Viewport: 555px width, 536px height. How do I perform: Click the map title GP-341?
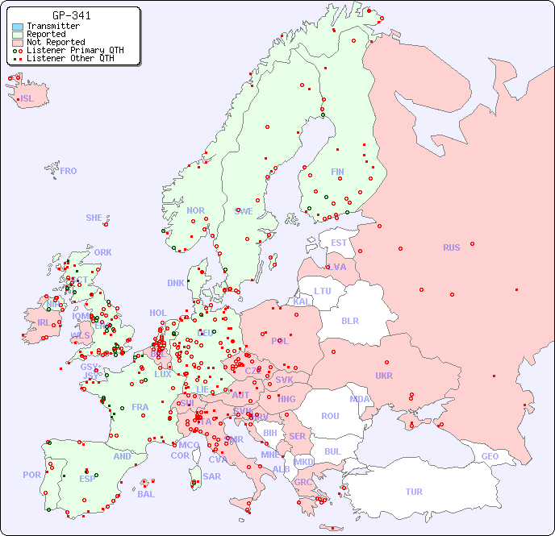pos(71,15)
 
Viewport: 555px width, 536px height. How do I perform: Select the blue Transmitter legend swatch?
pos(18,27)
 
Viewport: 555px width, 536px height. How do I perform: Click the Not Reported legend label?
pos(56,42)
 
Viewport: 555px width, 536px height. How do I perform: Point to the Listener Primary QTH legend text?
pos(75,50)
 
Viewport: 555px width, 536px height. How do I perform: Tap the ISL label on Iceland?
pos(27,99)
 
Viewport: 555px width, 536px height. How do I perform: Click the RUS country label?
pos(451,247)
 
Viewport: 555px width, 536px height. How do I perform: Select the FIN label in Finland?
pos(337,172)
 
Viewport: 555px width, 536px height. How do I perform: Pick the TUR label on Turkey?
pos(414,492)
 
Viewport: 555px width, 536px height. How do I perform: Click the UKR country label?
pos(384,376)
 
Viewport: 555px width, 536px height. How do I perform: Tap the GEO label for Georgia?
pos(490,456)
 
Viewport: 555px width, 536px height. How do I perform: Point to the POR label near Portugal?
pos(31,475)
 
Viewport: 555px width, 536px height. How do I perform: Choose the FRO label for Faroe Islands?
pos(69,171)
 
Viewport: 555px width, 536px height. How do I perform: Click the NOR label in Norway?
pos(195,210)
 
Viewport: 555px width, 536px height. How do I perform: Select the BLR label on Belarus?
pos(350,320)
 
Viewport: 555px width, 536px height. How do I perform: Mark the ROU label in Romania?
pos(330,416)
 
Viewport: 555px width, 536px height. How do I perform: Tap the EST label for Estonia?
pos(339,243)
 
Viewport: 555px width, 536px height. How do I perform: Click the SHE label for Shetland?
pos(94,218)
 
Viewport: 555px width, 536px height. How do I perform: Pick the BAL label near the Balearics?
pos(146,494)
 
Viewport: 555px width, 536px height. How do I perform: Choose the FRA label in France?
pos(140,407)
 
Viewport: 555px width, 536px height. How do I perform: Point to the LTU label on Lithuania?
pos(323,291)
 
